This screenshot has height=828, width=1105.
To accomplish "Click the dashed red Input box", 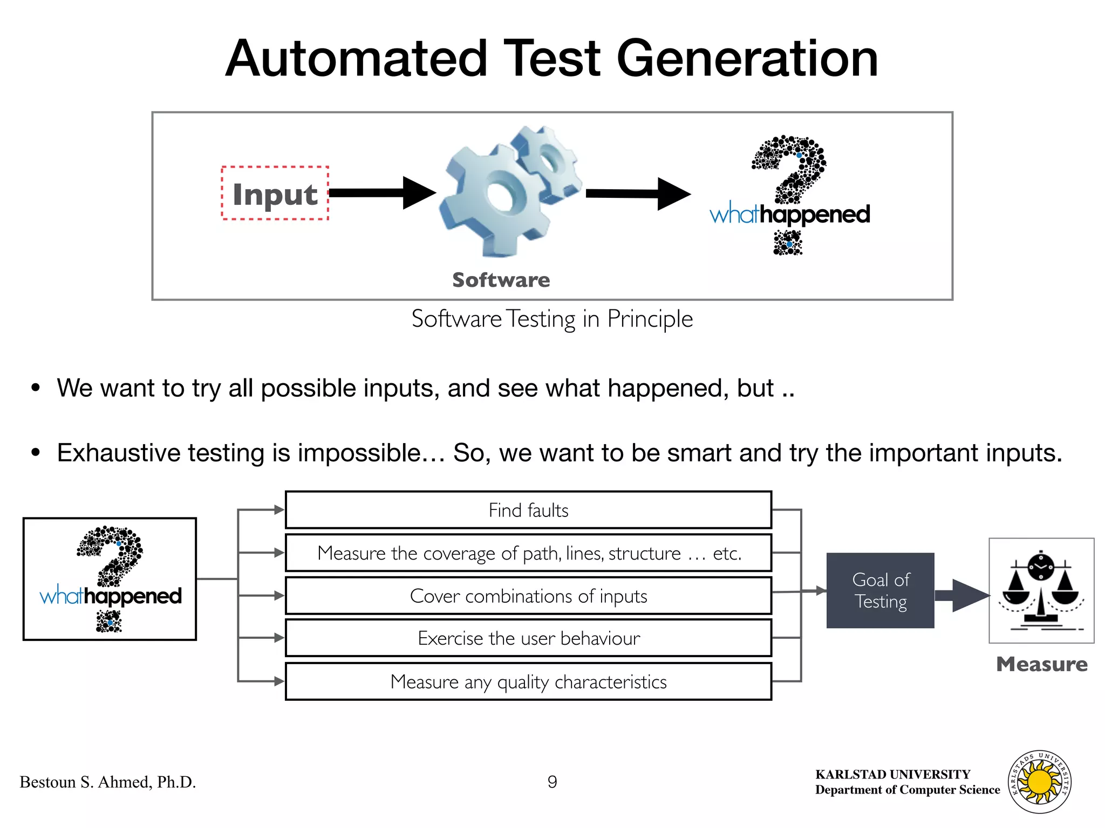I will tap(275, 194).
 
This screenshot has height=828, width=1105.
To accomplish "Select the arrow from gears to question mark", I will tap(637, 194).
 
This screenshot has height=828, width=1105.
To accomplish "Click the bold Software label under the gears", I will tap(501, 280).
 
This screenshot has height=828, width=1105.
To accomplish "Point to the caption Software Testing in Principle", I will tap(552, 319).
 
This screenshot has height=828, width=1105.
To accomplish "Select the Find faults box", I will tap(528, 510).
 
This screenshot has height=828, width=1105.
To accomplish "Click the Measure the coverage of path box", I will tap(528, 553).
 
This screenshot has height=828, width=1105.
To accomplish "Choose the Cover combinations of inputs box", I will tap(528, 596).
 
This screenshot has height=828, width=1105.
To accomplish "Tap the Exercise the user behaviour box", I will tap(528, 638).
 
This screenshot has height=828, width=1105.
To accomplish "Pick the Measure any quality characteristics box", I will tap(528, 682).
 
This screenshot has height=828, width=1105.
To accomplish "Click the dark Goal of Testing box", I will tap(880, 591).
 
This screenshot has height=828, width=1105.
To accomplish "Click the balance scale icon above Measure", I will tap(1041, 591).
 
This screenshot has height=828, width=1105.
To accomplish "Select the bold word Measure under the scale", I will tap(1041, 664).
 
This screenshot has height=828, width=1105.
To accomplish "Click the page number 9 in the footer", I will tap(552, 782).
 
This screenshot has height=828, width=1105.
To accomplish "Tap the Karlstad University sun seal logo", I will tap(1039, 782).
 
